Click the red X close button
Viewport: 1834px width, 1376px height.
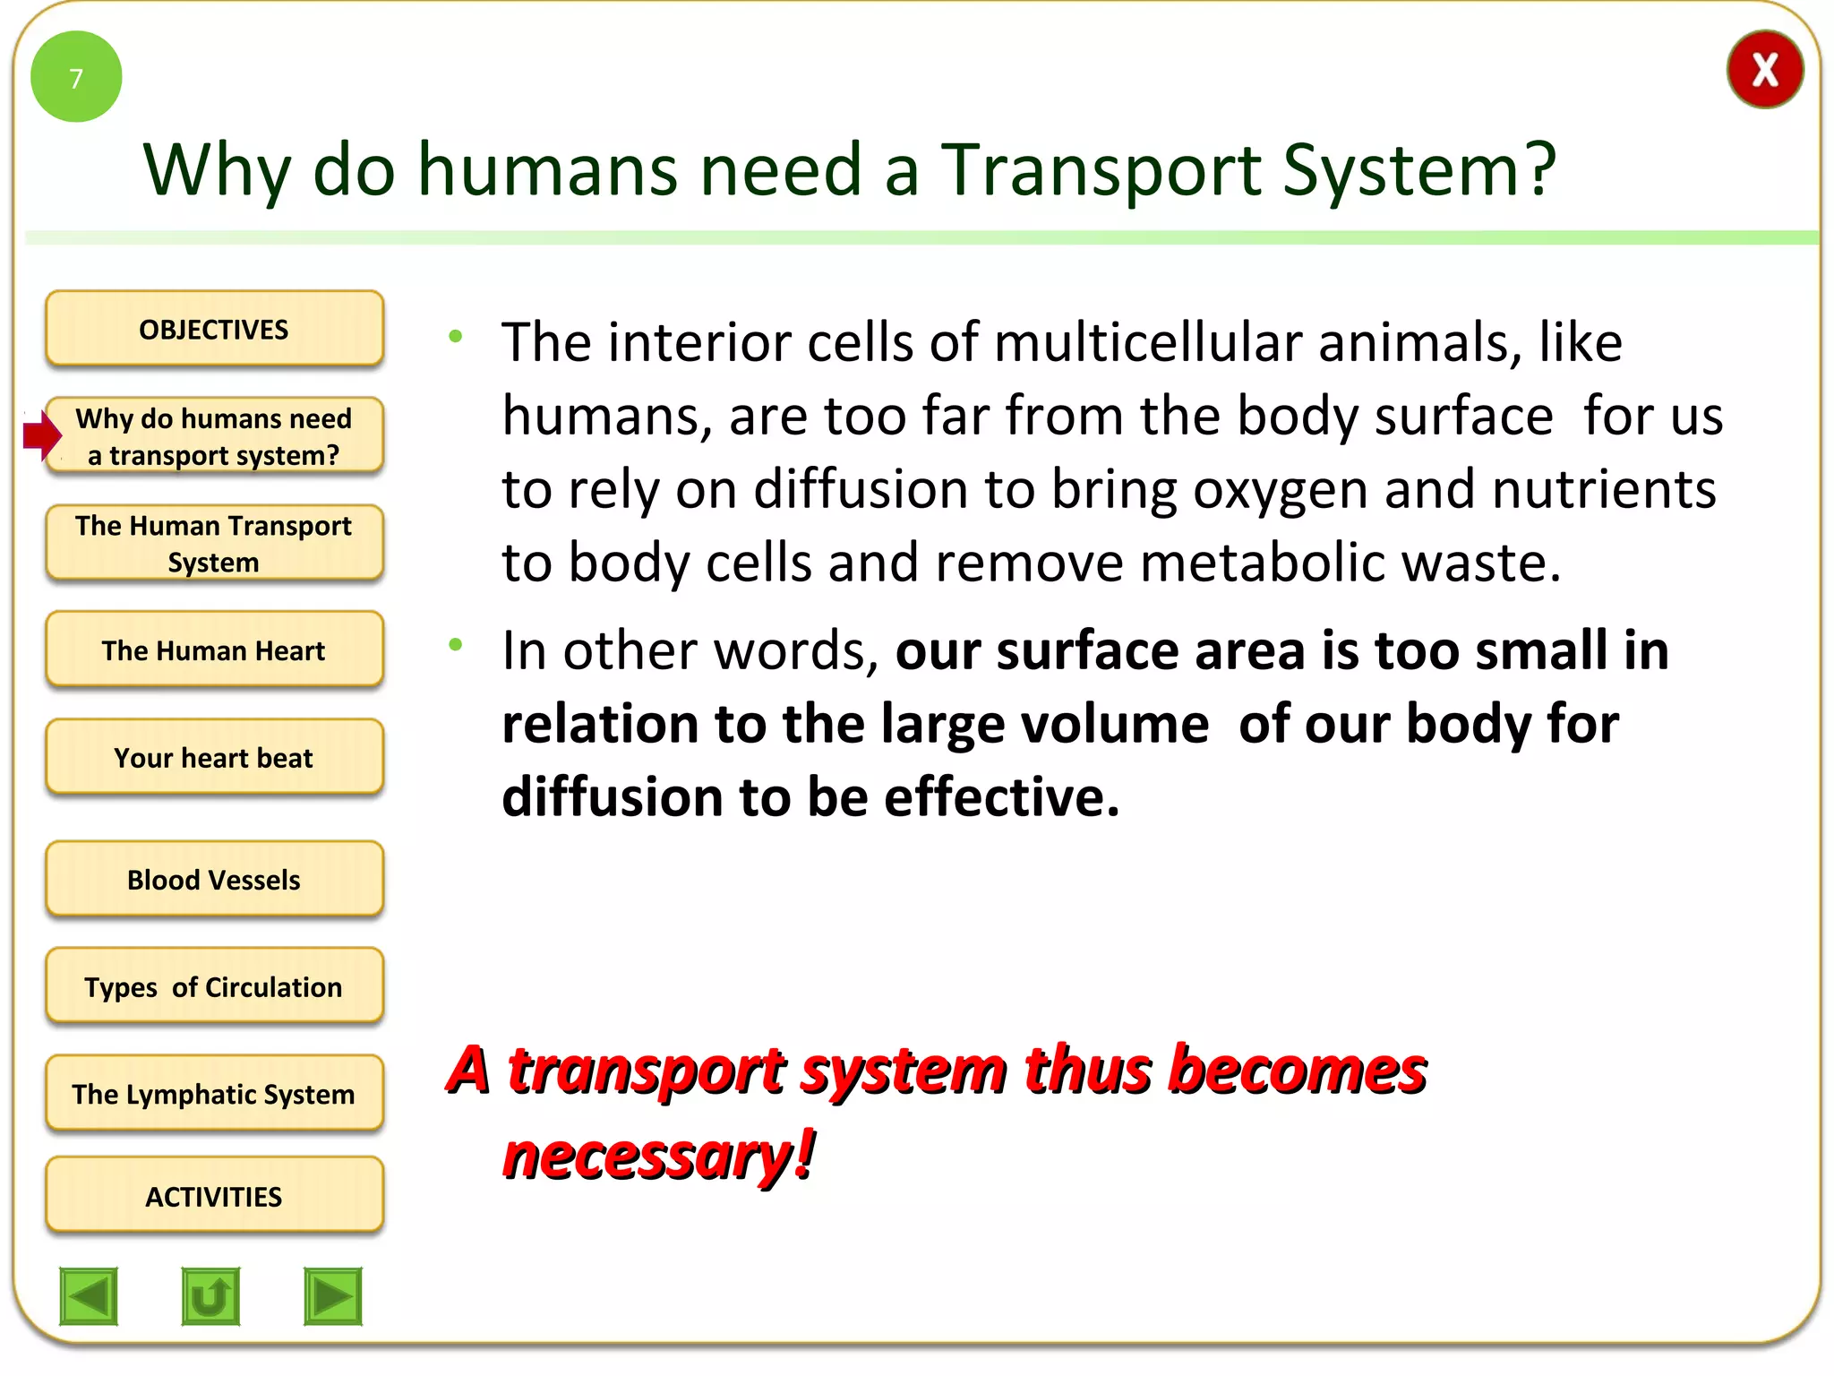click(1763, 70)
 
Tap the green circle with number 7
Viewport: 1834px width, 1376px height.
click(76, 77)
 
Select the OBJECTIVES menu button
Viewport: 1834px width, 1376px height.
click(214, 329)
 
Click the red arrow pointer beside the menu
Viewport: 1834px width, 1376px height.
click(41, 435)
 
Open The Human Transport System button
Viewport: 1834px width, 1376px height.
click(214, 544)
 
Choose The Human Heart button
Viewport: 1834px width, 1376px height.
click(214, 650)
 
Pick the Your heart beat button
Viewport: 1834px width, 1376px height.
click(214, 758)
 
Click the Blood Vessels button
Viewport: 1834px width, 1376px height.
click(214, 880)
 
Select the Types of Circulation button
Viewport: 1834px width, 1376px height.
click(214, 987)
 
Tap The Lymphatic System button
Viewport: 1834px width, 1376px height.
click(214, 1094)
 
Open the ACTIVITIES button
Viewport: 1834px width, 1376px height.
click(214, 1196)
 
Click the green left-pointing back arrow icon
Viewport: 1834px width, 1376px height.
click(89, 1295)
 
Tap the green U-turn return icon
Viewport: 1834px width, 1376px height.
click(210, 1295)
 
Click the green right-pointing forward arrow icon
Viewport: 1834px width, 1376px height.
click(332, 1295)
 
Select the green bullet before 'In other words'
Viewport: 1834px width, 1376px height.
click(456, 644)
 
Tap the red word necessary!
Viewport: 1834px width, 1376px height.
click(658, 1156)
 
